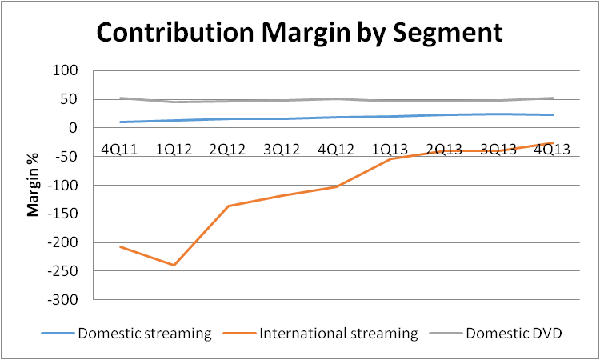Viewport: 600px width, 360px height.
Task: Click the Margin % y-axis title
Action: tap(34, 186)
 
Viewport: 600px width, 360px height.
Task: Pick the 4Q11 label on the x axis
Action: tap(120, 150)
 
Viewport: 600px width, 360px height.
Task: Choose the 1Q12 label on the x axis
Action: tap(174, 150)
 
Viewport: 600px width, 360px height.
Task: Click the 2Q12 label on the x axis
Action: tap(228, 150)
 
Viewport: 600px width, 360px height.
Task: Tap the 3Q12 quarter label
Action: tap(282, 150)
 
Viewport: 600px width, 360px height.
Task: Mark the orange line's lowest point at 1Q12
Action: tap(174, 265)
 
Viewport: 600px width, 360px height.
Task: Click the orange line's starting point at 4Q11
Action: tap(120, 246)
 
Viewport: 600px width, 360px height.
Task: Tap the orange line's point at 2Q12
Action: tap(228, 206)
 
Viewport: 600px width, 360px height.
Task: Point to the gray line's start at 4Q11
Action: tap(120, 98)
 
